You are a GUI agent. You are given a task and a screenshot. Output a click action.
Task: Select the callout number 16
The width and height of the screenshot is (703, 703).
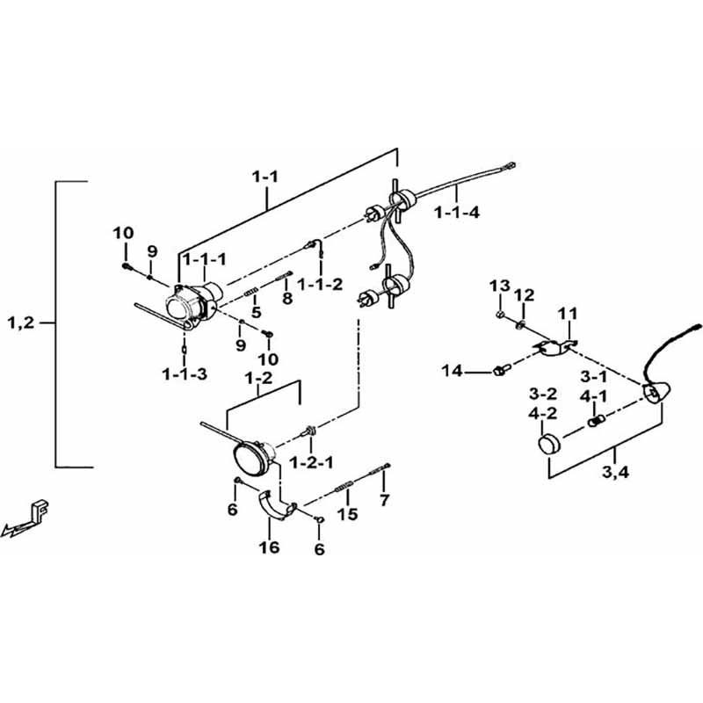pos(269,547)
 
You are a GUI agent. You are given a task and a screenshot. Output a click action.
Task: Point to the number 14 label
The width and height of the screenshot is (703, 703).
pos(452,372)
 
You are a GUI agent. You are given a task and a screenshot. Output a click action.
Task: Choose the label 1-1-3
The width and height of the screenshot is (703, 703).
pos(185,374)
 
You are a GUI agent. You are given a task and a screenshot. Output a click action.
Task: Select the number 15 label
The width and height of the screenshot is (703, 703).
pos(348,514)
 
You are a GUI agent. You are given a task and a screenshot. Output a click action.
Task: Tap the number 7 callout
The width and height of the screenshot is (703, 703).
pos(383,501)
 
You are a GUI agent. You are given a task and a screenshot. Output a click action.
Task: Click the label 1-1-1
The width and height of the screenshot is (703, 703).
pos(204,258)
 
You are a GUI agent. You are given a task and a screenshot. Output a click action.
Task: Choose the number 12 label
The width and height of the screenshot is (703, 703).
pos(524,294)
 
